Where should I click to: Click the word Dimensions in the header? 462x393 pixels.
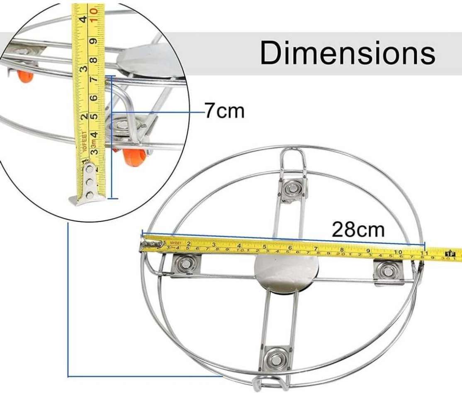point(348,53)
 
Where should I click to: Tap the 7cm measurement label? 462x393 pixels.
point(224,112)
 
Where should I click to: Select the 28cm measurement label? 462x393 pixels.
point(358,229)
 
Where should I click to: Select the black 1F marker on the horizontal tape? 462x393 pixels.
point(449,253)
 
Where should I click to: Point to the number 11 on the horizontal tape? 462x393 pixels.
point(423,252)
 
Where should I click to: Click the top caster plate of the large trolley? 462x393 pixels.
point(293,188)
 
